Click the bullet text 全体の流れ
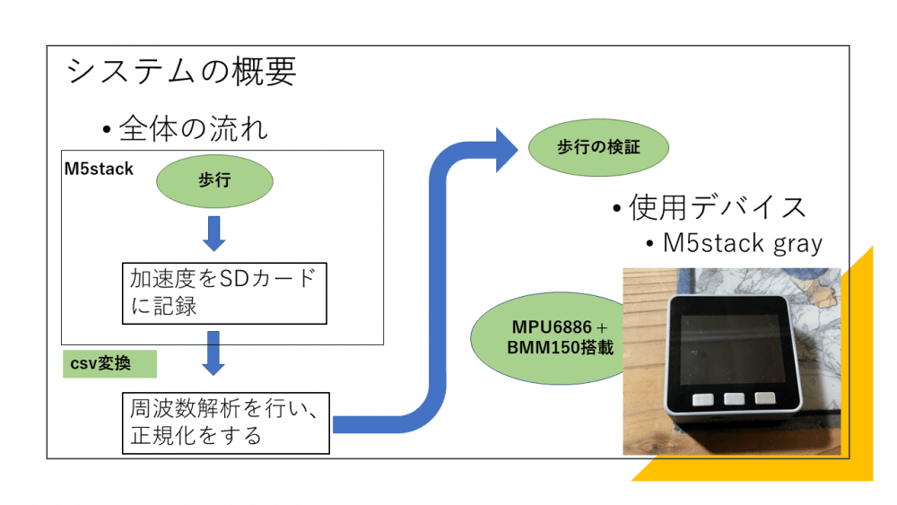[193, 128]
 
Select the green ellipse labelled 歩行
[214, 180]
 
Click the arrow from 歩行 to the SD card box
[214, 233]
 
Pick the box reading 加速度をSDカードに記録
[223, 292]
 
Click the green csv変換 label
[109, 364]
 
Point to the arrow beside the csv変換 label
[213, 353]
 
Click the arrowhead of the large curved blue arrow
[502, 146]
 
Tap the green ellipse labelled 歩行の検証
[598, 147]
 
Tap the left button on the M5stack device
[701, 398]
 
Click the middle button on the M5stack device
[734, 398]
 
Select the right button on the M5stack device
[765, 397]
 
